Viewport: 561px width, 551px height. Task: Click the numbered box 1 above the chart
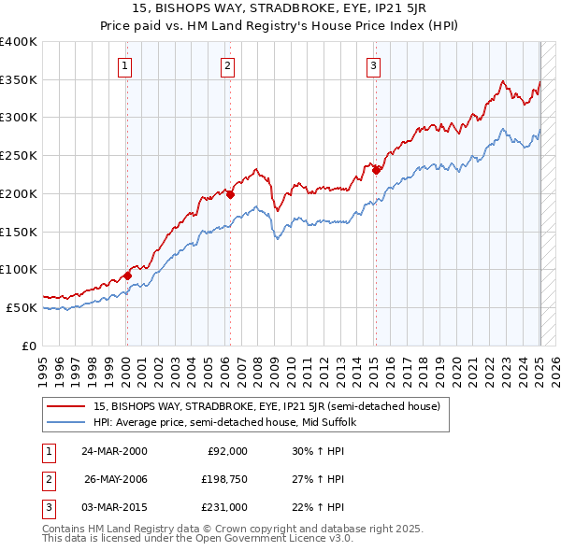click(x=125, y=65)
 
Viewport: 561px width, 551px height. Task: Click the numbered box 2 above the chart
click(x=227, y=65)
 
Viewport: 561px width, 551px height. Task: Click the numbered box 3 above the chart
click(x=373, y=65)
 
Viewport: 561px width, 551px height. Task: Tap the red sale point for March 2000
click(x=127, y=275)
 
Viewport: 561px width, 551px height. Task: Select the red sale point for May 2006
click(x=229, y=194)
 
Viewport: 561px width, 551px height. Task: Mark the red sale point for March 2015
click(x=375, y=170)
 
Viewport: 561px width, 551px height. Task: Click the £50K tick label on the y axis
click(x=22, y=307)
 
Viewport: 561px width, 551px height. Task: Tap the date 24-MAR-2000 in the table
click(x=113, y=451)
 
